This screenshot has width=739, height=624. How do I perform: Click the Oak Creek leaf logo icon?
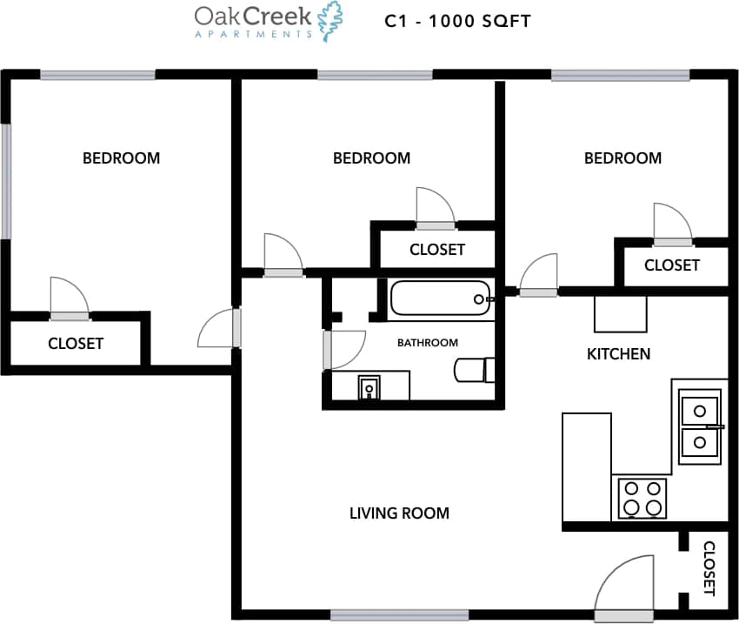[330, 21]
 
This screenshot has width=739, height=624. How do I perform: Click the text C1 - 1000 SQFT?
[457, 21]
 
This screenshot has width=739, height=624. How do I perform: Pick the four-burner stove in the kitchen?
[642, 499]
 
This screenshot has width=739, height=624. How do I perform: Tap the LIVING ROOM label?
[399, 513]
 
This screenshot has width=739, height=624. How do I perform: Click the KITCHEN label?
[618, 354]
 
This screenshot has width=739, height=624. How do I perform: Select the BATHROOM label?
[427, 343]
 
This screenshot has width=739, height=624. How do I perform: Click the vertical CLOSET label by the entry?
[709, 568]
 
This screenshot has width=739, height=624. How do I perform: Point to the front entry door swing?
[622, 587]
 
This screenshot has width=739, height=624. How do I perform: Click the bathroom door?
[343, 350]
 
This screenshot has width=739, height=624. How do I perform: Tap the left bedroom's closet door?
[69, 299]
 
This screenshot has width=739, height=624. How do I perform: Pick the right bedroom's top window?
[621, 76]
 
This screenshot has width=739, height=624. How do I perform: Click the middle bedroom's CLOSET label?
[436, 250]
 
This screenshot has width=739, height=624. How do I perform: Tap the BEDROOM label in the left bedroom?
[121, 158]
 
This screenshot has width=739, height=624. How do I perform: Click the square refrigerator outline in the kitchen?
[620, 314]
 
